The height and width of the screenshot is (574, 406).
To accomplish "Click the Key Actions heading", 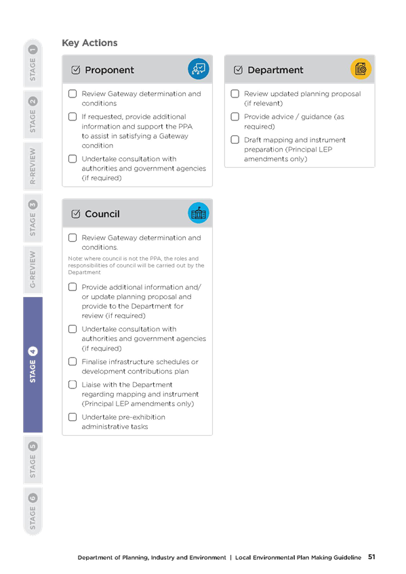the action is pos(89,43).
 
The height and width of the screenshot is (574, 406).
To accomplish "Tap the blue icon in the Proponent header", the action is pos(198,69).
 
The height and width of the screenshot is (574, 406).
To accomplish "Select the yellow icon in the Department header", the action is pos(361,69).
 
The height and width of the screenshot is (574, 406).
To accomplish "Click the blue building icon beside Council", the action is pos(198,213).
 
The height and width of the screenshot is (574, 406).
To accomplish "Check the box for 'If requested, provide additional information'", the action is pos(73,117).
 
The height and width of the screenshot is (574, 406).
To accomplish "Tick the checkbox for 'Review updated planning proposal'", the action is pos(235,93).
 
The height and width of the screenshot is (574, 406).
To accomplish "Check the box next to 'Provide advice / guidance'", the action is pos(235,117).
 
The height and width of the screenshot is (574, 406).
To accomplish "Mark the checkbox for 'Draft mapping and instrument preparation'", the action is pos(235,140).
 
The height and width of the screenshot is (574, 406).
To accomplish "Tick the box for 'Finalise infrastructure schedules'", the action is pos(73,361).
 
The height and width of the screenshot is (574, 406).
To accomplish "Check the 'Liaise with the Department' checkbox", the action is pos(73,384).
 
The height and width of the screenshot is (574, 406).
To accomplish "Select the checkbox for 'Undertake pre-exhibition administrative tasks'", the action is pos(73,417).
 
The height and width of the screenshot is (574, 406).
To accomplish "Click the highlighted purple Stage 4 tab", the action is pos(33,365).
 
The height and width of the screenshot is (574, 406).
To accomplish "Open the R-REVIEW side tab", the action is pos(33,167).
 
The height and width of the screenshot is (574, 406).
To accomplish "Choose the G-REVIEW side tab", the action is pos(33,270).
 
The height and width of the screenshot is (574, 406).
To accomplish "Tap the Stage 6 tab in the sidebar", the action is pos(33,512).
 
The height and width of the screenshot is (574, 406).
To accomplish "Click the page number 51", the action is pos(371,557).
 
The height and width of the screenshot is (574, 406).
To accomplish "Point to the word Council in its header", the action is pos(102,214).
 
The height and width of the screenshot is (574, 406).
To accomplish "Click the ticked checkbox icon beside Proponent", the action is pos(76,70).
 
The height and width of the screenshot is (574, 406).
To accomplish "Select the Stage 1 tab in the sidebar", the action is pos(33,63).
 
